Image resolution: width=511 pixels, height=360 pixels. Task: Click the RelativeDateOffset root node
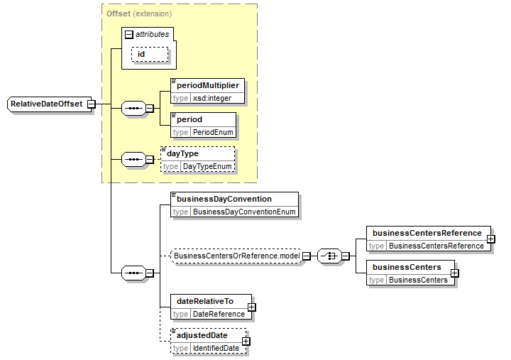pos(49,104)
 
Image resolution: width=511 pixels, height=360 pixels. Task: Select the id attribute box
pos(150,54)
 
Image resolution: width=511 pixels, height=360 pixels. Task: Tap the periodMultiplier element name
pos(208,85)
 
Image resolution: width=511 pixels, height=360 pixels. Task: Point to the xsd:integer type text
pos(212,98)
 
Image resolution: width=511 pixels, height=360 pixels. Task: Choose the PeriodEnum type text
pos(213,132)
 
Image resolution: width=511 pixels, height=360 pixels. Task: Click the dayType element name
pos(182,153)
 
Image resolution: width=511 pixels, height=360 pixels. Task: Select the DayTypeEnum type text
pos(207,166)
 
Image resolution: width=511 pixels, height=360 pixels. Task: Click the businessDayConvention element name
pos(224,199)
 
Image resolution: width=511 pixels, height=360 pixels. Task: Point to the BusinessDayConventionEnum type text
pos(244,212)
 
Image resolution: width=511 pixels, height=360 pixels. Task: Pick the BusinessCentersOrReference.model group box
pos(236,256)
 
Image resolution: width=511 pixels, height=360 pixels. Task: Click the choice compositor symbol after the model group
pos(329,256)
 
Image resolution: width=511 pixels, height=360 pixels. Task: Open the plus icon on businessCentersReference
pos(491,239)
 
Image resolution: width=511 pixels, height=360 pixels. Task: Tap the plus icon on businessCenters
pos(455,273)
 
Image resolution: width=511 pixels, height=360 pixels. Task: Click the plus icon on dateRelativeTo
pos(251,307)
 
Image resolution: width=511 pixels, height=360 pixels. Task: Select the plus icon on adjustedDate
pos(246,341)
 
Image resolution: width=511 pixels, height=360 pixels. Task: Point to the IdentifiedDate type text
pos(216,348)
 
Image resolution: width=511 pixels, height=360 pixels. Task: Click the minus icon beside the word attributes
pos(129,34)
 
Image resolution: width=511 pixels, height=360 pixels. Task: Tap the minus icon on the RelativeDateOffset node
pos(92,104)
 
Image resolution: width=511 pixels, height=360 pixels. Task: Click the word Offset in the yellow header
pos(119,13)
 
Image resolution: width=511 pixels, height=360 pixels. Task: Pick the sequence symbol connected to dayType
pos(133,160)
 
